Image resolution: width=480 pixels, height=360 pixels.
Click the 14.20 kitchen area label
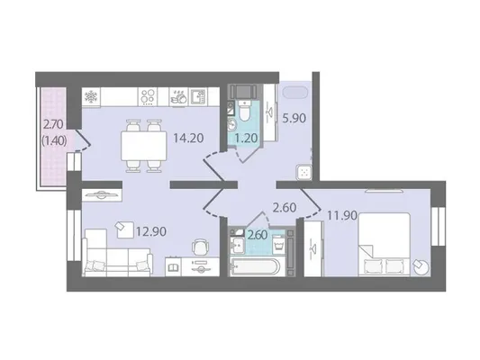point(188,139)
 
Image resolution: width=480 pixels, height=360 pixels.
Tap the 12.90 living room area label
point(151,231)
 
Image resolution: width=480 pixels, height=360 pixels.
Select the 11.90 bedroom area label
point(342,216)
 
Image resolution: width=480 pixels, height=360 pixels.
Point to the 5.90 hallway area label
point(294,118)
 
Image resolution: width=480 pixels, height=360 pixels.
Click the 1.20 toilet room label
point(246,139)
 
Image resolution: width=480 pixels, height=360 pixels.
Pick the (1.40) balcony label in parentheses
point(54,141)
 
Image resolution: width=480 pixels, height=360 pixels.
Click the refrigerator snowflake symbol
point(91,97)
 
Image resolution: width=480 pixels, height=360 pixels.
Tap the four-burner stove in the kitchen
point(148,97)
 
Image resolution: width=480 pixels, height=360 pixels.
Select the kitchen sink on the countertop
point(198,97)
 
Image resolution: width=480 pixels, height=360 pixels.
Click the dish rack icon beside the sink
point(179,97)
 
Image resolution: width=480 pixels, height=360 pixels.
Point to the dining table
point(144,146)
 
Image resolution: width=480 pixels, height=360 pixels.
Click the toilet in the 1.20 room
point(244,111)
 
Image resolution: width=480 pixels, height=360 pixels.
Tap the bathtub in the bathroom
point(256,267)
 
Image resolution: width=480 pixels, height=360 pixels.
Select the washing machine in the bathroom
point(278,243)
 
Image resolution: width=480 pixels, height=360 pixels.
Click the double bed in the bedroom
point(385,245)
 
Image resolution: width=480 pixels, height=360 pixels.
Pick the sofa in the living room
point(118,253)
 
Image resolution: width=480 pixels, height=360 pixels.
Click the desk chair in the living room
point(200,247)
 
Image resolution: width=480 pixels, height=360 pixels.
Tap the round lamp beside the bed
point(421,266)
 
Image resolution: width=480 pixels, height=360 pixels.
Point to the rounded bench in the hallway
point(295,93)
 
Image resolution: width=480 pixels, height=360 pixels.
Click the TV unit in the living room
point(102,194)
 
